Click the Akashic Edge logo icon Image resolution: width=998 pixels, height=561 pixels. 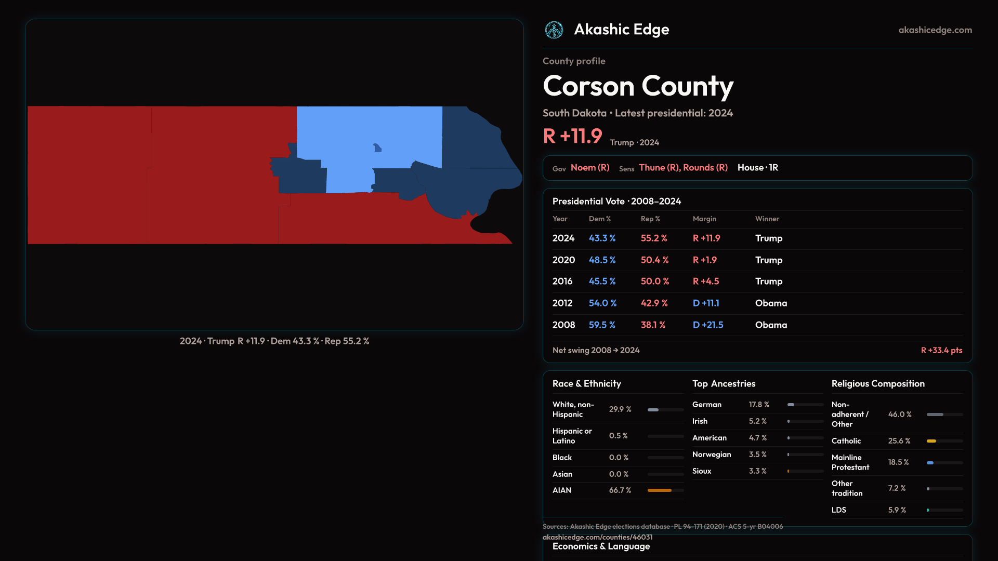[x=554, y=30]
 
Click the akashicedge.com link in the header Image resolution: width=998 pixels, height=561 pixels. [x=935, y=30]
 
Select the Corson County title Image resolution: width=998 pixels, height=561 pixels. [x=638, y=86]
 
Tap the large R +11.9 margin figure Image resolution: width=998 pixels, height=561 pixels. [x=572, y=136]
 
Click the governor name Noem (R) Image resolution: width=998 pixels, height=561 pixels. [x=590, y=168]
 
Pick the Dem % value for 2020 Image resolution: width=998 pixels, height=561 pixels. [x=602, y=260]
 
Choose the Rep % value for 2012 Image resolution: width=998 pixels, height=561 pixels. [x=654, y=303]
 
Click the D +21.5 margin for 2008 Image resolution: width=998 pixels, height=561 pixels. [x=708, y=325]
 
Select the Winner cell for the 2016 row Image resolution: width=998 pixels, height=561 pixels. [x=769, y=281]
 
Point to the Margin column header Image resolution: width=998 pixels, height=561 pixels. [x=704, y=219]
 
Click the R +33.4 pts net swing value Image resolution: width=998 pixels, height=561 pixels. [x=941, y=350]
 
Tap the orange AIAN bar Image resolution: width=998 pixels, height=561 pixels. [x=660, y=490]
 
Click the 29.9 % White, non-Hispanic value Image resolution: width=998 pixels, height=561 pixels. [x=620, y=409]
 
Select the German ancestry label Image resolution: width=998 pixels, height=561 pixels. [x=707, y=405]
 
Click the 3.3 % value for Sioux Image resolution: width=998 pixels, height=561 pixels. [x=758, y=471]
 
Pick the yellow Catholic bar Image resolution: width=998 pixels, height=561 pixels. [x=931, y=441]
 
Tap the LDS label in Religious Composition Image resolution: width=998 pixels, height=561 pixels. [x=839, y=510]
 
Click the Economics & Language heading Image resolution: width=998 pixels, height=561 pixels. [x=601, y=546]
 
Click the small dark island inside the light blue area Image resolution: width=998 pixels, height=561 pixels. [x=377, y=148]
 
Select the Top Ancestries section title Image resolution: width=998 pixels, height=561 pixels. [x=724, y=384]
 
